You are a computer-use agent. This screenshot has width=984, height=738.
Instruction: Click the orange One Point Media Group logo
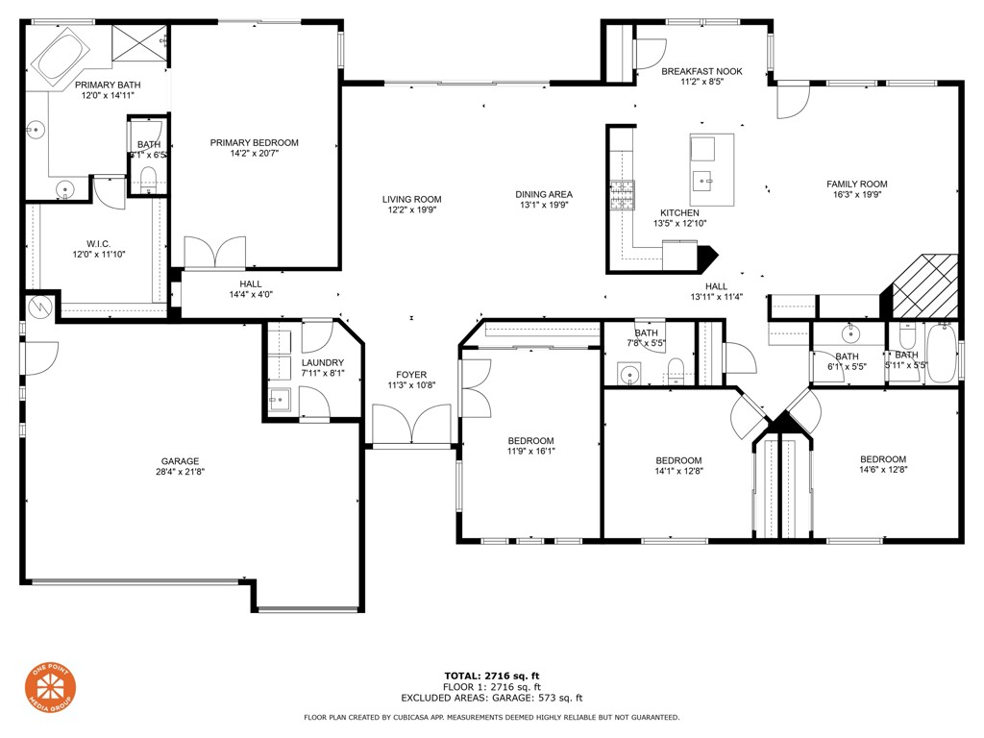pos(50,690)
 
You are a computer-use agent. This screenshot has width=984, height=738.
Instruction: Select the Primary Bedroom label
pos(254,143)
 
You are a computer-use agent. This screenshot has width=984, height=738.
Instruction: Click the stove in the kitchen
pos(622,195)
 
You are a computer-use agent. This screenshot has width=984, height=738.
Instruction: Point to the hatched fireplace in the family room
pos(926,285)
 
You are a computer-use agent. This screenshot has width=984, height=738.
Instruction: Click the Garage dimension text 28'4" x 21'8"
pos(181,472)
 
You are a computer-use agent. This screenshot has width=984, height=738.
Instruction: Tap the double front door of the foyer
pos(411,425)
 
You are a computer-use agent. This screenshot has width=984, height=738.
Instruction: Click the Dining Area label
pos(544,194)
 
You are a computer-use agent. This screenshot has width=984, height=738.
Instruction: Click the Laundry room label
pos(322,362)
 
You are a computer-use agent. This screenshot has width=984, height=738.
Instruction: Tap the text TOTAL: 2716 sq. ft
pos(491,676)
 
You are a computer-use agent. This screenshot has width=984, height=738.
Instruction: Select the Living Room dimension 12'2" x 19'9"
pos(411,210)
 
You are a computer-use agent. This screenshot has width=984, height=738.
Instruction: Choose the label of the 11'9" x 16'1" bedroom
pos(530,441)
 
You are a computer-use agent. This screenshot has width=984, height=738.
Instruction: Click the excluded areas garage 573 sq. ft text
pos(491,699)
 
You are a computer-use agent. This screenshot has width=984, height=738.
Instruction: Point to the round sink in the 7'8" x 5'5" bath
pos(630,372)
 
